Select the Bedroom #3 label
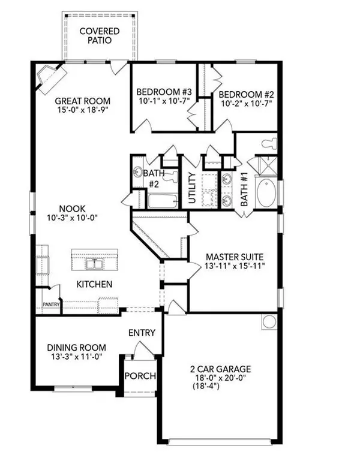pyautogui.click(x=163, y=91)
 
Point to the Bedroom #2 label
pyautogui.click(x=246, y=94)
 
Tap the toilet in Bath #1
pyautogui.click(x=269, y=143)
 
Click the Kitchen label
pyautogui.click(x=94, y=284)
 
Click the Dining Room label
pyautogui.click(x=77, y=347)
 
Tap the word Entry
pyautogui.click(x=142, y=333)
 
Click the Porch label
pyautogui.click(x=140, y=376)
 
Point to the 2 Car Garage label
pyautogui.click(x=218, y=369)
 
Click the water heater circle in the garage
pyautogui.click(x=268, y=321)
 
